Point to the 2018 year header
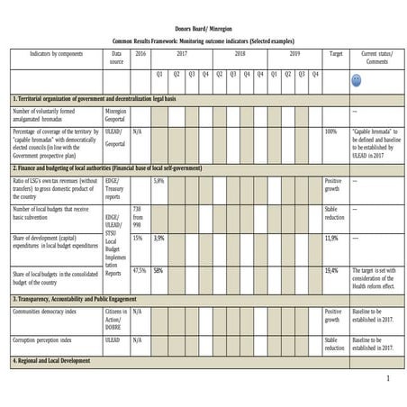point(240,54)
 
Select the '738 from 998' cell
point(138,215)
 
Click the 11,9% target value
point(331,239)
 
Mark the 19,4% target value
point(331,270)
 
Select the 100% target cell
point(330,131)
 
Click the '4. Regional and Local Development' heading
point(60,361)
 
